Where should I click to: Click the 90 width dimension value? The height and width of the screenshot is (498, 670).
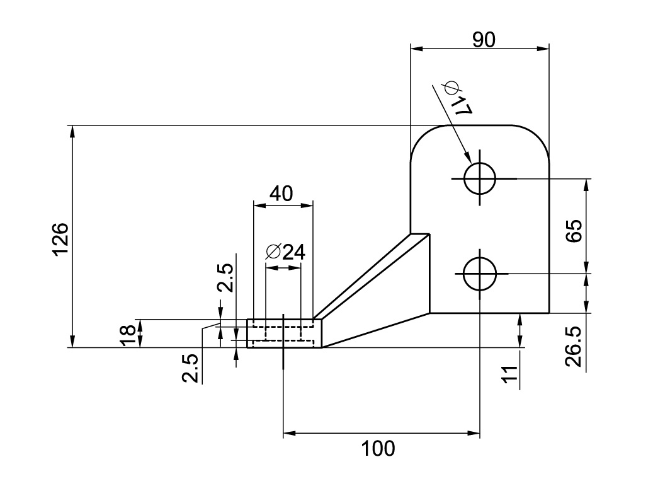pyautogui.click(x=484, y=40)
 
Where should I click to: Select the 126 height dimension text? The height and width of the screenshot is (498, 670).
pyautogui.click(x=60, y=239)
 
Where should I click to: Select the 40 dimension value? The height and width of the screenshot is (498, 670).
pyautogui.click(x=281, y=194)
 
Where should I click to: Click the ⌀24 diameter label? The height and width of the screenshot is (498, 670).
pyautogui.click(x=285, y=252)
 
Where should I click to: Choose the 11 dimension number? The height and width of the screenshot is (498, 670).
pyautogui.click(x=510, y=372)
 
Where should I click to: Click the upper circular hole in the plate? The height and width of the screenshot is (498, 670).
pyautogui.click(x=480, y=179)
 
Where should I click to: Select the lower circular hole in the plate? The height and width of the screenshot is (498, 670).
pyautogui.click(x=480, y=274)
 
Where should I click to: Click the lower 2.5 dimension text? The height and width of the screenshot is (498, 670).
pyautogui.click(x=191, y=368)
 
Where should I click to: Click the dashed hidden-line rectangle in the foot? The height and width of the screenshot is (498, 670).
pyautogui.click(x=283, y=333)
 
